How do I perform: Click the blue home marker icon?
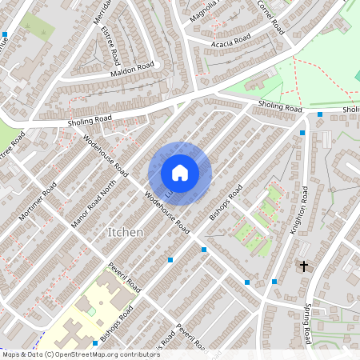(x=179, y=173)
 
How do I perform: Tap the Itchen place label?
(x=125, y=232)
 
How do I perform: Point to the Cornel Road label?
(x=270, y=15)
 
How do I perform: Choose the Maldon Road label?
(x=133, y=70)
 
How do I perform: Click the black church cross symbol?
(x=303, y=265)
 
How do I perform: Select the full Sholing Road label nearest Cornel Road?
(x=280, y=107)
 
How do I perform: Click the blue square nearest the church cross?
(x=274, y=282)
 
